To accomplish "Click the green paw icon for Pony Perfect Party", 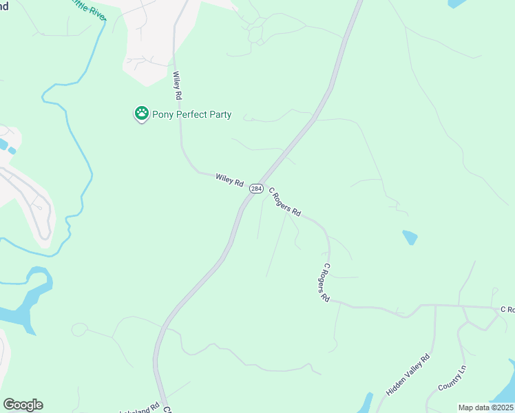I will tap(142, 114).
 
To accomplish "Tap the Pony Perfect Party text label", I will tap(193, 114).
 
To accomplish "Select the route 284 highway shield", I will tap(255, 188).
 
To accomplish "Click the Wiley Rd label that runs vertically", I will tap(178, 85).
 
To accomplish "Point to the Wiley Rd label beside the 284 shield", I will tap(229, 180).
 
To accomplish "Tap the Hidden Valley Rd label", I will tap(408, 374).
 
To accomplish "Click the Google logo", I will tap(23, 405).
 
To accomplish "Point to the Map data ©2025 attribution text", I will tap(485, 407).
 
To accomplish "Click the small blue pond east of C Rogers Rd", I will tap(410, 237).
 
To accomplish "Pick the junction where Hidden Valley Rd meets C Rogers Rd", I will tap(435, 305).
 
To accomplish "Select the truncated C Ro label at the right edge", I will tap(507, 310).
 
